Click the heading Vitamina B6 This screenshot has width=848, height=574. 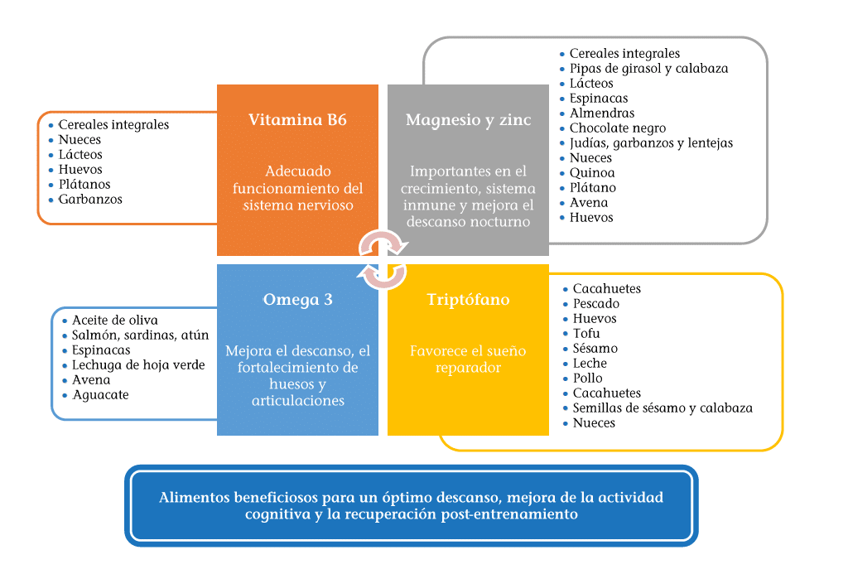click(297, 120)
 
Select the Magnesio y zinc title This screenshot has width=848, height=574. click(468, 120)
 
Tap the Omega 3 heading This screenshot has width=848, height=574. click(297, 300)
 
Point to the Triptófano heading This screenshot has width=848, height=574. click(468, 300)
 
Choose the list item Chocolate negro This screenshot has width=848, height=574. click(617, 128)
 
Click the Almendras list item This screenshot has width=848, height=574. click(602, 113)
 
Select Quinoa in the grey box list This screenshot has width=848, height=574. click(592, 173)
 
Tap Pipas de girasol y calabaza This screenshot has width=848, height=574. click(648, 69)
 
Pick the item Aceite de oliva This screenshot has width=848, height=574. click(114, 321)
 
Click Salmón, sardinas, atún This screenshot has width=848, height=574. click(140, 335)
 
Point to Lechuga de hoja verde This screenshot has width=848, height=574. click(138, 365)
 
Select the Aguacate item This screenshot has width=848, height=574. click(100, 395)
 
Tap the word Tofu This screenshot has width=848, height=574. click(586, 334)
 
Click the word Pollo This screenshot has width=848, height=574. click(588, 379)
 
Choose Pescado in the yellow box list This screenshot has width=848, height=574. click(596, 304)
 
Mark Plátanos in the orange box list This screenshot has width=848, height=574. click(84, 185)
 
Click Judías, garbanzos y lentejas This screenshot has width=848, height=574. click(651, 143)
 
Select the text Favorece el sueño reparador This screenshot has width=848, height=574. click(468, 359)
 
